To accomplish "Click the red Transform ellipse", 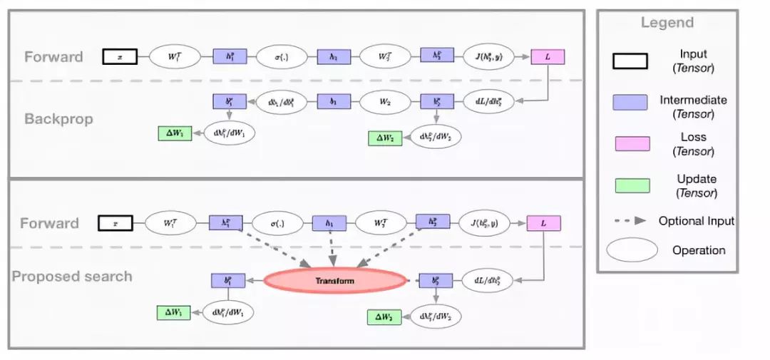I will tap(334, 281).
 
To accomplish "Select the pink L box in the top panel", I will tap(548, 56).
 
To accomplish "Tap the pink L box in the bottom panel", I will tap(543, 223).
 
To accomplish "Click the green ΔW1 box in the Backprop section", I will tap(175, 133).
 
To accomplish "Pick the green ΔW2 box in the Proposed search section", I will tap(384, 317).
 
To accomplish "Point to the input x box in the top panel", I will tap(120, 56).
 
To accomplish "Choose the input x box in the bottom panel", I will tap(115, 223).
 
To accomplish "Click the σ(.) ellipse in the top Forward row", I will tap(282, 56).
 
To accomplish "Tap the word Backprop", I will tap(58, 118).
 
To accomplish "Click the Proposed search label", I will tap(71, 276).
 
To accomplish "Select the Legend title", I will tap(667, 23).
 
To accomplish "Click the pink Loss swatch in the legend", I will tap(631, 144).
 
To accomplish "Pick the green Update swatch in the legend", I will tap(631, 185).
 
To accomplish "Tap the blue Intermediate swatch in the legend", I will tap(631, 102).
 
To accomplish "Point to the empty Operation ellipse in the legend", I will tap(632, 250).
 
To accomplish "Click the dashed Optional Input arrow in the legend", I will tap(631, 221).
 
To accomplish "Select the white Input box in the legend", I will tap(631, 61).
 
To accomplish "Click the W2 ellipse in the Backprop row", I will tap(384, 101).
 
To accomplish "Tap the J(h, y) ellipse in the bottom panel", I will tap(485, 223).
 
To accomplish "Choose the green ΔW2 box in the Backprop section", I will tap(386, 139).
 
